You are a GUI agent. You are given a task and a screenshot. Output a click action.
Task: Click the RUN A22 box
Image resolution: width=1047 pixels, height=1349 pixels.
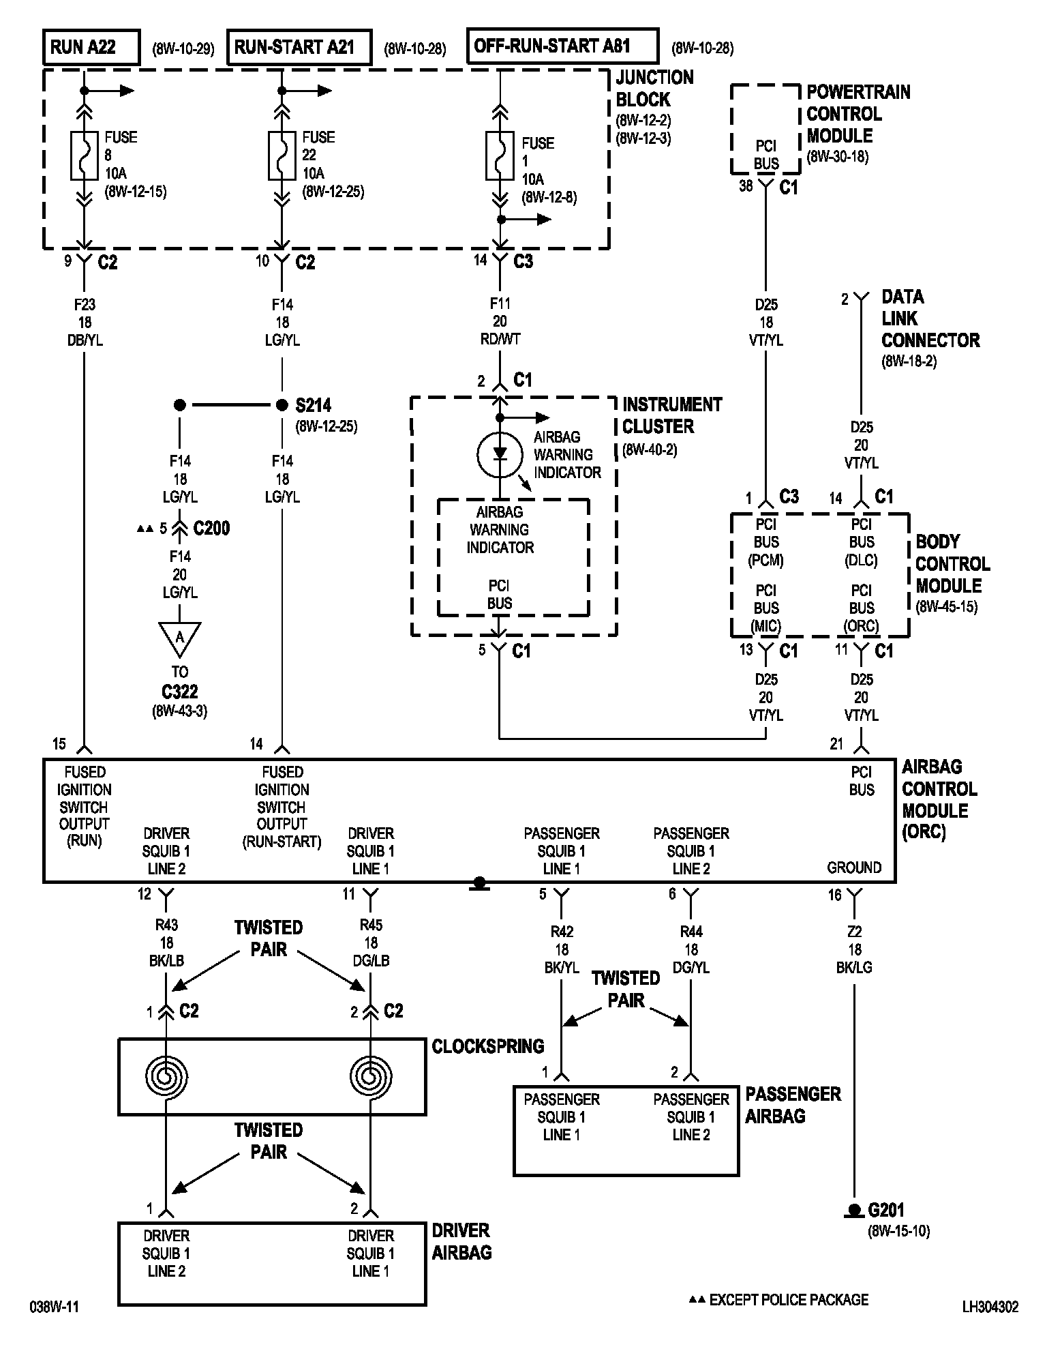coord(91,47)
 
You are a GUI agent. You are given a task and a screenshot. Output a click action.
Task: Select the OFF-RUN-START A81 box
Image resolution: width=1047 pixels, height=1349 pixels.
coord(563,46)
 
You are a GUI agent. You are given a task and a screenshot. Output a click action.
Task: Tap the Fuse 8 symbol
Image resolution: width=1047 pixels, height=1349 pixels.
coord(85,156)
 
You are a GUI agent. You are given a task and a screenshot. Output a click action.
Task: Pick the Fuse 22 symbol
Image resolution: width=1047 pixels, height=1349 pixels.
coord(282,156)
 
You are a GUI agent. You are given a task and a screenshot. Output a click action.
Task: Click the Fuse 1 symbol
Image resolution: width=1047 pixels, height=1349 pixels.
coord(500,156)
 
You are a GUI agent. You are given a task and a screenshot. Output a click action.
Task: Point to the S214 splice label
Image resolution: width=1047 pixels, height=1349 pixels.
coord(313,405)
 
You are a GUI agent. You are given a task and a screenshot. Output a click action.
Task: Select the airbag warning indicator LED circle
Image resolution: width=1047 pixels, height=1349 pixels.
coord(500,454)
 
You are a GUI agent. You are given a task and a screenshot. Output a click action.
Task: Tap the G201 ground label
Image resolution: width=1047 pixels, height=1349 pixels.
coord(886,1210)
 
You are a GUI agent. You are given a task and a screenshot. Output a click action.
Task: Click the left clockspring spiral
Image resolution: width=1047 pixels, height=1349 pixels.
coord(166,1076)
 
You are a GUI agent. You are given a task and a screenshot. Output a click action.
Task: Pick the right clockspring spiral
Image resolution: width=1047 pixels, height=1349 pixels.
coord(371,1076)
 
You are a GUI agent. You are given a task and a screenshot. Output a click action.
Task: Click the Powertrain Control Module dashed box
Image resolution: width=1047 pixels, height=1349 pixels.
coord(765,129)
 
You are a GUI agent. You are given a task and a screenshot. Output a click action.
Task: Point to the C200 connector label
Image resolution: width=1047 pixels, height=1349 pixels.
coord(211,528)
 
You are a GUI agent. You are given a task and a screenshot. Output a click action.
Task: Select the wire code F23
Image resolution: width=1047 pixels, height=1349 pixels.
coord(85,304)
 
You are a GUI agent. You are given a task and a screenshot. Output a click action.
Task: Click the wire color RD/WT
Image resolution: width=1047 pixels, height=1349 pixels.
coord(500,339)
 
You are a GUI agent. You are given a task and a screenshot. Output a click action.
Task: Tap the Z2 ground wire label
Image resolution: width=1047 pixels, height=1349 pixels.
coord(854,932)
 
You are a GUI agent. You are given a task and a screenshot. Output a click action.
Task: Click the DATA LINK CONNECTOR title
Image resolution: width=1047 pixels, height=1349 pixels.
coord(930,318)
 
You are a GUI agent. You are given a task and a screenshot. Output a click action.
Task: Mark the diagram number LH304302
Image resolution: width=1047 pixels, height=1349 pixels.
coord(990,1307)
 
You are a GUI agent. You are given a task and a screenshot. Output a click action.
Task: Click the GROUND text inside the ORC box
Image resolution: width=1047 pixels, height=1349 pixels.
coord(854,868)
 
